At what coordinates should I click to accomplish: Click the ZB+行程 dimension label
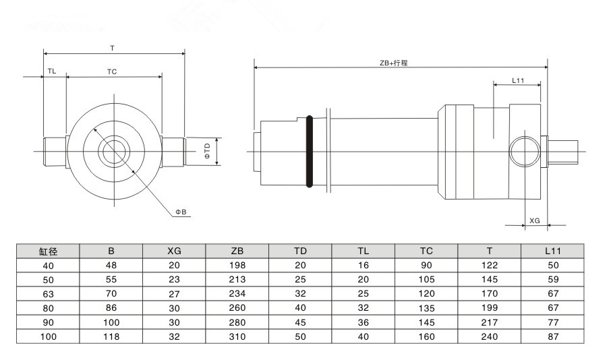click(x=393, y=63)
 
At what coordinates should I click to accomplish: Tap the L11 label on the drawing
click(x=518, y=80)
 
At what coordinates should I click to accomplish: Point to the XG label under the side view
click(x=535, y=220)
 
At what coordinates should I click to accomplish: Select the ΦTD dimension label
click(x=208, y=151)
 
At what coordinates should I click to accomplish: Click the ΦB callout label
click(x=181, y=212)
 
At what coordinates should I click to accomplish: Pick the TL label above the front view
click(x=52, y=71)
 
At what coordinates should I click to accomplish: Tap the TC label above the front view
click(x=112, y=71)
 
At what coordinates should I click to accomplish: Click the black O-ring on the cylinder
click(x=310, y=152)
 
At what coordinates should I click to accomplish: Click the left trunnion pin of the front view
click(x=55, y=152)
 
